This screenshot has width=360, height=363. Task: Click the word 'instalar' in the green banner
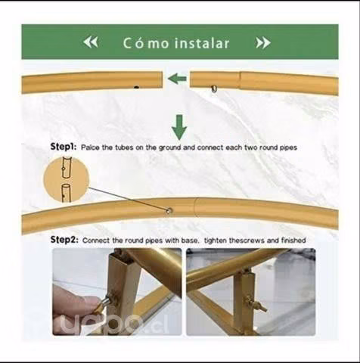(202, 43)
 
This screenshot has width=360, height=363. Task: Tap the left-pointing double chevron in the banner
(91, 42)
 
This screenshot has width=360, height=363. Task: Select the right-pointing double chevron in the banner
(263, 43)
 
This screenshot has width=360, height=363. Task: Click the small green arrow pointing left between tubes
(177, 79)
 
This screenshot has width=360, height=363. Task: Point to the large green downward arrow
(179, 127)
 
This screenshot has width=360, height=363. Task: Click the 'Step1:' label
(64, 147)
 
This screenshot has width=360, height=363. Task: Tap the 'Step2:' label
(64, 240)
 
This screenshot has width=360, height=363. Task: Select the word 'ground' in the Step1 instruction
(169, 147)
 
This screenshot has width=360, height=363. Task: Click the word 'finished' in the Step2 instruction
(293, 240)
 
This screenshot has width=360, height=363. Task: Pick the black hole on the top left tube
(136, 87)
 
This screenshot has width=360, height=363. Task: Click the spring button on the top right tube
(214, 88)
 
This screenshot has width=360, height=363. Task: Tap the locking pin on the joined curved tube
(169, 210)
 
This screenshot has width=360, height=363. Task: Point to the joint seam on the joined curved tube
(194, 206)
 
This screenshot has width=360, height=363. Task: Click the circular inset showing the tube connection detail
(67, 179)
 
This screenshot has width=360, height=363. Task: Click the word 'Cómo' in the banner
(146, 43)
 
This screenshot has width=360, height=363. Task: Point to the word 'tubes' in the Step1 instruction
(124, 147)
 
